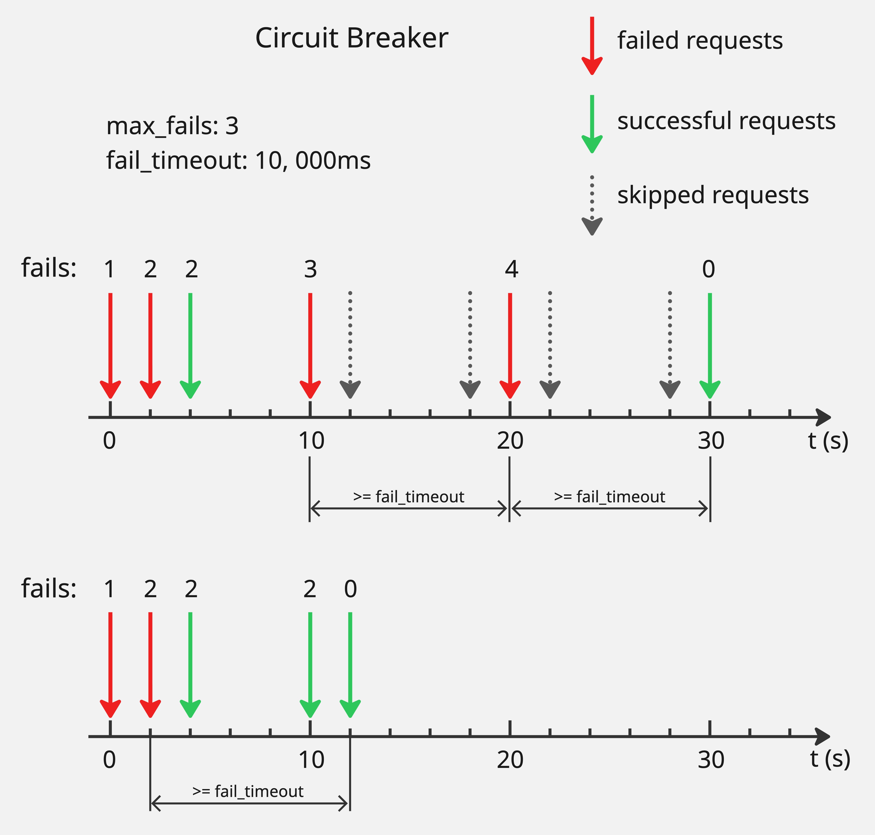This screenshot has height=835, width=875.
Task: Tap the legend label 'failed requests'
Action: tap(699, 41)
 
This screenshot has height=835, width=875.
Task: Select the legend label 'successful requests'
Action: tap(726, 121)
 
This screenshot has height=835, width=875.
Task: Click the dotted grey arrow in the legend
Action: tap(592, 205)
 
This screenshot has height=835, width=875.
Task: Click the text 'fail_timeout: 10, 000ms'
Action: tap(238, 161)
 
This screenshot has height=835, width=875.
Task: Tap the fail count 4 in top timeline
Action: tap(511, 269)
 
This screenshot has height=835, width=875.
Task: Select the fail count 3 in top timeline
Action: tap(310, 269)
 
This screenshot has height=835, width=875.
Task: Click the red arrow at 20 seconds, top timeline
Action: tap(510, 345)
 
